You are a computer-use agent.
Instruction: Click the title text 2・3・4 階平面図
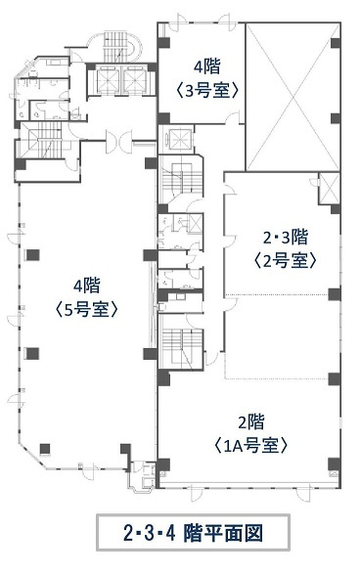[x=193, y=533]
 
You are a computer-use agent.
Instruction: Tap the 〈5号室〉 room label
[x=87, y=310]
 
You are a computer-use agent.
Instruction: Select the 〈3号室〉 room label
[x=207, y=90]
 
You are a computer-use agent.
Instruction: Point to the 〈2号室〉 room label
[x=285, y=261]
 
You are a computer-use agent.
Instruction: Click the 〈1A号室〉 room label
[x=250, y=446]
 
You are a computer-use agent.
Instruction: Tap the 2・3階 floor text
[x=286, y=239]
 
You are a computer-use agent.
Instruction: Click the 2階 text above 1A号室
[x=251, y=422]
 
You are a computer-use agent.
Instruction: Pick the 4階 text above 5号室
[x=87, y=286]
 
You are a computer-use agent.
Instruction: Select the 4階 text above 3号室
[x=207, y=67]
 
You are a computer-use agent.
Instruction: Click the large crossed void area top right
[x=292, y=97]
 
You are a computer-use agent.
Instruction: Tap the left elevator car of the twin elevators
[x=108, y=80]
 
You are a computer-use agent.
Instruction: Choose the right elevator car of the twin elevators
[x=135, y=80]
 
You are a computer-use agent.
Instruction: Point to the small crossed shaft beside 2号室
[x=330, y=188]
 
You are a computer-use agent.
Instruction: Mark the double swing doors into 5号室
[x=119, y=141]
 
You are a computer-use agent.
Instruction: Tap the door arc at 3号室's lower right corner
[x=232, y=118]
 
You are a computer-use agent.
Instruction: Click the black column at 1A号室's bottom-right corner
[x=334, y=464]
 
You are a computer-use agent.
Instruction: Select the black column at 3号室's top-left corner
[x=163, y=43]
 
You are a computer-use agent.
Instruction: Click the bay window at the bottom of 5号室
[x=143, y=474]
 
